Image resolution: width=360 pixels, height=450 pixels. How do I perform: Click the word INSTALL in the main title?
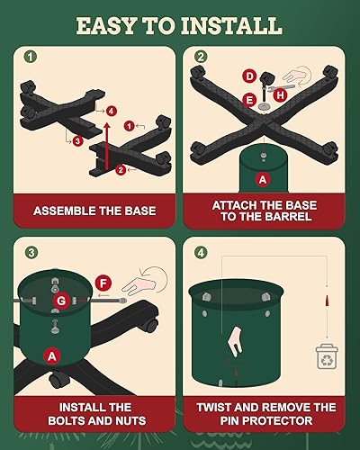point(231,26)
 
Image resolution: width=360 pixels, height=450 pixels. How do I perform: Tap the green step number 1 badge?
point(31,57)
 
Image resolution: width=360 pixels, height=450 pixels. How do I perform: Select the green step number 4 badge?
point(201,253)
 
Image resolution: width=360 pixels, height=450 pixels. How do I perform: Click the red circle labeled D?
point(249,76)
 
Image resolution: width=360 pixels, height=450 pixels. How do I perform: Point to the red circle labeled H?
point(280,95)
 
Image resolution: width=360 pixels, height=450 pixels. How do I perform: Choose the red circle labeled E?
point(249,100)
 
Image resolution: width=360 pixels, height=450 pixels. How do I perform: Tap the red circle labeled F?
point(103,283)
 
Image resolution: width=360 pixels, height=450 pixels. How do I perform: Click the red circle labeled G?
point(61,301)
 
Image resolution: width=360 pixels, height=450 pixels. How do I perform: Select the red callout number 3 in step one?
point(77,140)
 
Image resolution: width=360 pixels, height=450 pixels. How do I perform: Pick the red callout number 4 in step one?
point(111,111)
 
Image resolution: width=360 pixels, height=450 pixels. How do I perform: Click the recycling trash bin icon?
point(327,356)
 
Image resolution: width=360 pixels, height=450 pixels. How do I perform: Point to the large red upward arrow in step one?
point(107,146)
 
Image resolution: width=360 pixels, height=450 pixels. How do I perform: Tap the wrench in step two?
point(281,87)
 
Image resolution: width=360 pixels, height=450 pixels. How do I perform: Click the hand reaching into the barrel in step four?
point(236,342)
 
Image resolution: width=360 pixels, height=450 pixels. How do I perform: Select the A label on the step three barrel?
point(52,356)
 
